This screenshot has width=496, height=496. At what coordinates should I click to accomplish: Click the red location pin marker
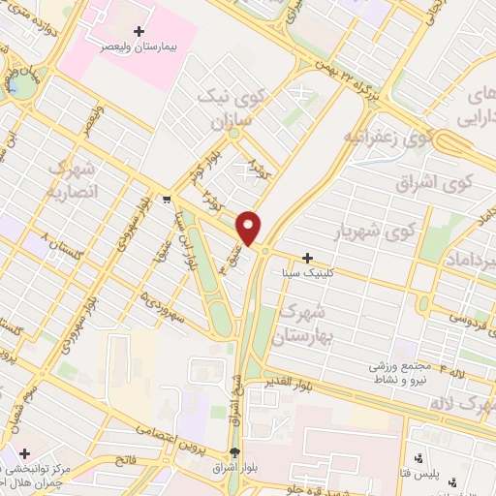(250, 227)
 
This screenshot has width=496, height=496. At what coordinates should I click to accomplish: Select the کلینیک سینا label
(307, 273)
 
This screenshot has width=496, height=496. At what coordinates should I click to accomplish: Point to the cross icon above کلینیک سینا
(307, 259)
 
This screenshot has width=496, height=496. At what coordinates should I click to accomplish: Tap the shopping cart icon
(168, 201)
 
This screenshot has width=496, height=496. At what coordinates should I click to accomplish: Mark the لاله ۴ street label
(461, 369)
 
